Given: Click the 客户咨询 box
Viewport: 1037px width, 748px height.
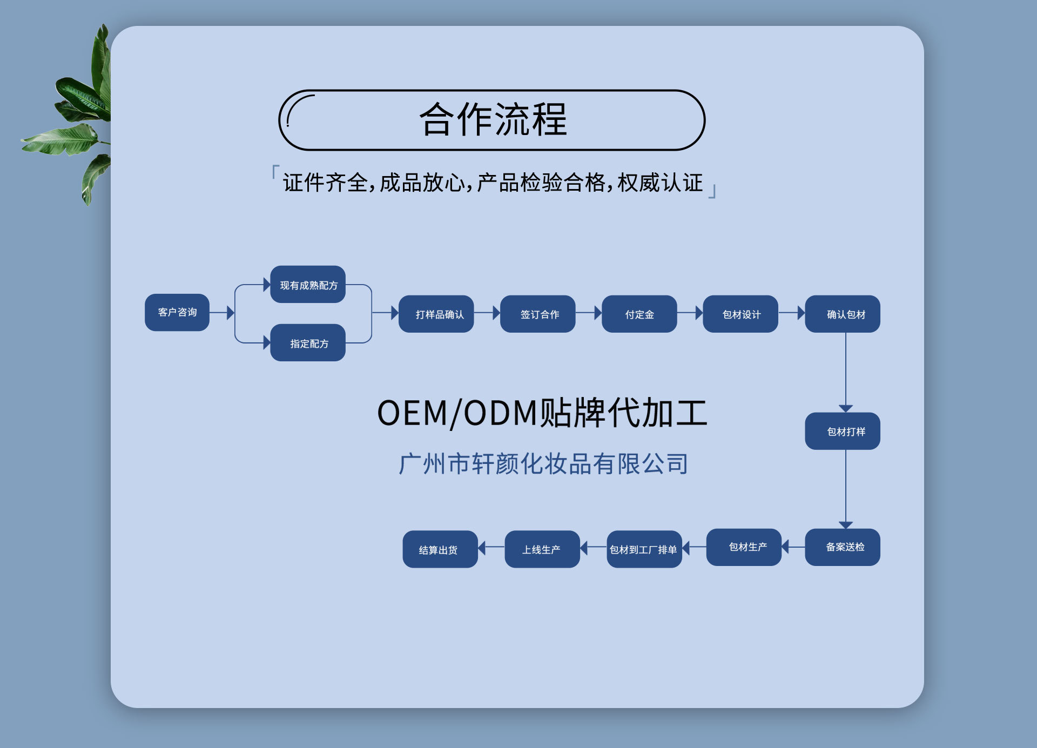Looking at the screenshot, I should click(177, 313).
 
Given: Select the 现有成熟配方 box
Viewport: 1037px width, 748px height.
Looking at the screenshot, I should click(308, 285).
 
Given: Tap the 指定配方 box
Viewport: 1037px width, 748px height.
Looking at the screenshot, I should click(308, 343).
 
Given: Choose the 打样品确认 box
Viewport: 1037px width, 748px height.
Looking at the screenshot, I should click(436, 314).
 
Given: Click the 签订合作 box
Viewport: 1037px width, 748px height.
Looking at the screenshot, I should click(538, 314).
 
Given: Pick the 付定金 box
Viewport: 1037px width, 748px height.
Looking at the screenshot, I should click(639, 314).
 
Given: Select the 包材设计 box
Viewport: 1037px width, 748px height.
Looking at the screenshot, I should click(740, 314).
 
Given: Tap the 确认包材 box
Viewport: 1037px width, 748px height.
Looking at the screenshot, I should click(843, 314).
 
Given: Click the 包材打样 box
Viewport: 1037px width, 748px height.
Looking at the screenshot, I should click(843, 432).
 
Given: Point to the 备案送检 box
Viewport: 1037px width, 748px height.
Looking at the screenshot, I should click(843, 547).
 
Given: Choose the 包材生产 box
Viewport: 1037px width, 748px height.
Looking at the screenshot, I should click(744, 547).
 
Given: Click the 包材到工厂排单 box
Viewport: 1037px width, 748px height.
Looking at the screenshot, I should click(644, 549).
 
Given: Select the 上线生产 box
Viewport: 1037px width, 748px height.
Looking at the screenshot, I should click(542, 549).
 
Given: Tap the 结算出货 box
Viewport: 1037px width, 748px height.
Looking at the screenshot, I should click(440, 549).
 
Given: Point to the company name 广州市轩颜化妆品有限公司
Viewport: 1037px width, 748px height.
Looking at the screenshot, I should click(543, 464).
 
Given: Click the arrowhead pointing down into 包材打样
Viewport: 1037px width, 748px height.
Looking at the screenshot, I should click(846, 408).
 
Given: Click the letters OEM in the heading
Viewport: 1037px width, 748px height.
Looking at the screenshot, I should click(412, 414).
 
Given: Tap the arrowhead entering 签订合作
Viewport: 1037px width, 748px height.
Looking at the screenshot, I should click(496, 313).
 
